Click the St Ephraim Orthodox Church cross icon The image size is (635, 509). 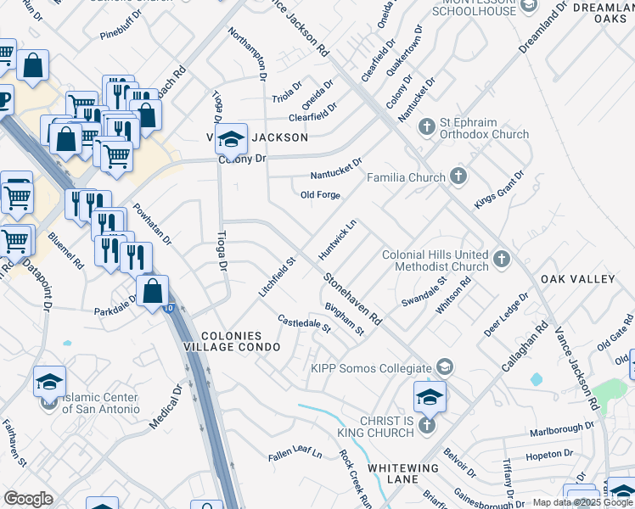426,126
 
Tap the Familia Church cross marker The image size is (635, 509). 458,177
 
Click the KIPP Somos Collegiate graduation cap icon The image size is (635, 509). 443,366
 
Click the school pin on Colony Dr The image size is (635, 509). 231,138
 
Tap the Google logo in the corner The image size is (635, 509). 28,499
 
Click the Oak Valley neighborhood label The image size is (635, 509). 577,279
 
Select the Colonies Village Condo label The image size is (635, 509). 229,342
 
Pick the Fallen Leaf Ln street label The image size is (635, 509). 295,454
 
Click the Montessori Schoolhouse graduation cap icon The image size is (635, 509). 528,7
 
